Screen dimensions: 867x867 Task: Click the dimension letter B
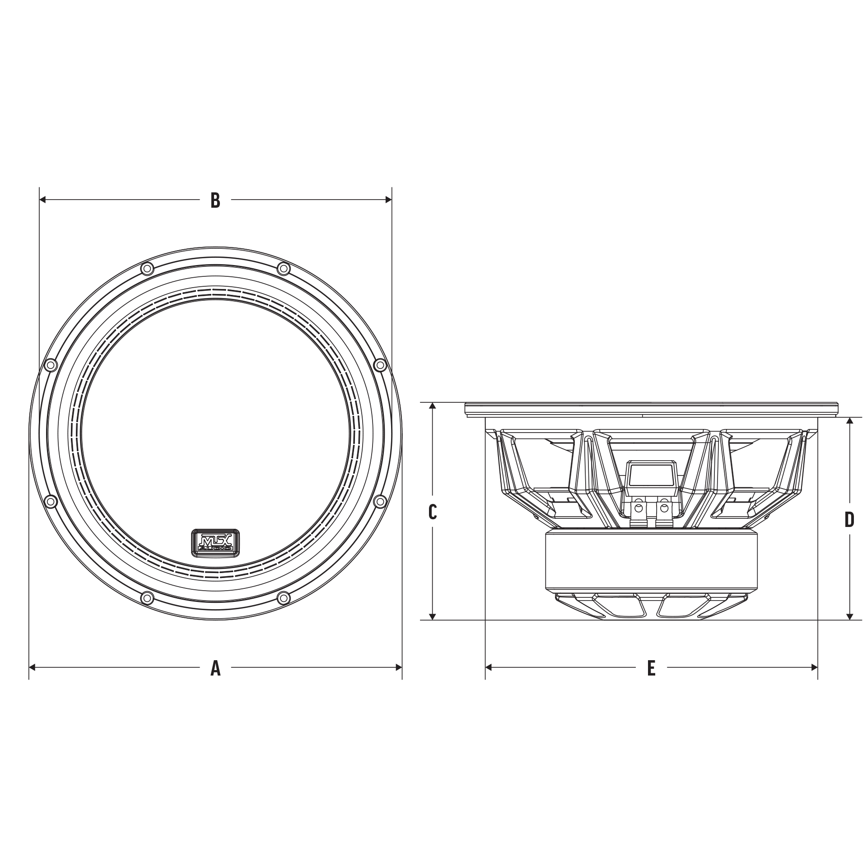coord(215,200)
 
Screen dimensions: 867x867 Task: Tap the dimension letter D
coord(849,520)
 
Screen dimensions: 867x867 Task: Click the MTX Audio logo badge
coord(216,541)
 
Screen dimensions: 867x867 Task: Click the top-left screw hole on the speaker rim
coord(147,269)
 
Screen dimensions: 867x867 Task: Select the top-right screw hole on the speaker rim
coord(283,269)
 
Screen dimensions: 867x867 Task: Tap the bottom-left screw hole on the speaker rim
coord(147,598)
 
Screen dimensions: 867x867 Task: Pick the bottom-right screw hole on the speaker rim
coord(283,598)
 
